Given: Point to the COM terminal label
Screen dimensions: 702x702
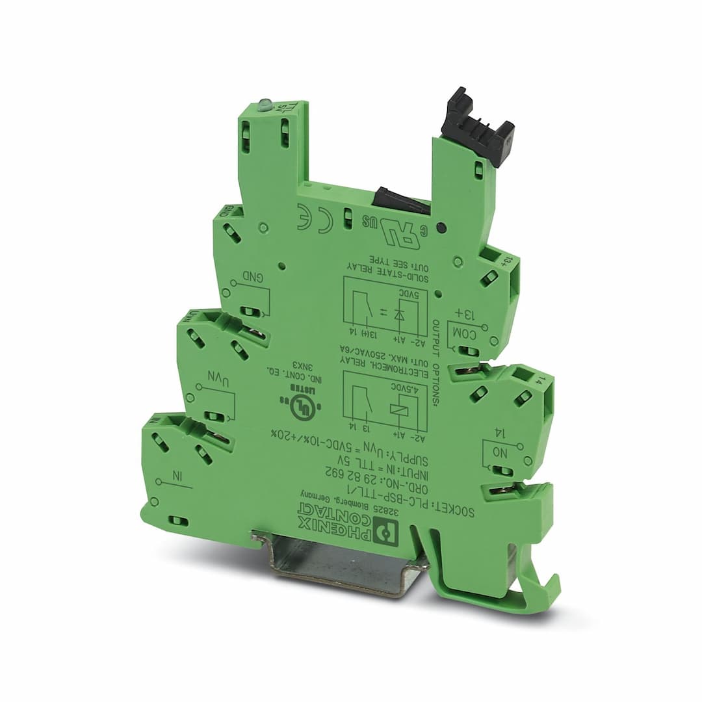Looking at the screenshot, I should [467, 333].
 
